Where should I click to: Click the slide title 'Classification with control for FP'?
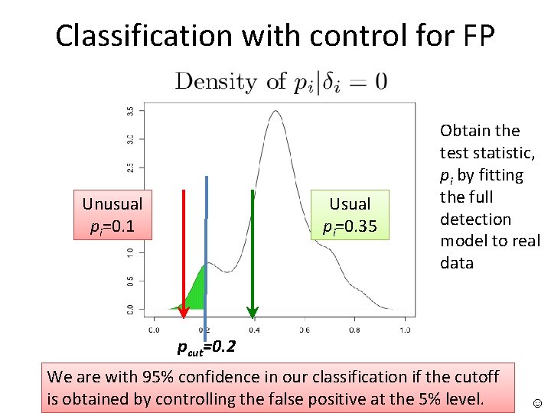(x=275, y=35)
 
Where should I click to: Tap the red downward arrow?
(x=184, y=252)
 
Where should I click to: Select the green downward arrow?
(x=252, y=252)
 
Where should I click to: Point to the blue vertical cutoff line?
(x=206, y=252)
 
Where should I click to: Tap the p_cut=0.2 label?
(x=207, y=347)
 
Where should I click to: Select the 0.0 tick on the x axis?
(x=153, y=330)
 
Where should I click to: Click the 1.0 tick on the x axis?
(x=404, y=330)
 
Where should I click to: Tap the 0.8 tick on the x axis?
(x=354, y=330)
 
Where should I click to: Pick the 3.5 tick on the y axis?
(x=130, y=111)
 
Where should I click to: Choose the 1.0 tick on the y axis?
(x=130, y=252)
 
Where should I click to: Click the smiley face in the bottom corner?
(x=535, y=402)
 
